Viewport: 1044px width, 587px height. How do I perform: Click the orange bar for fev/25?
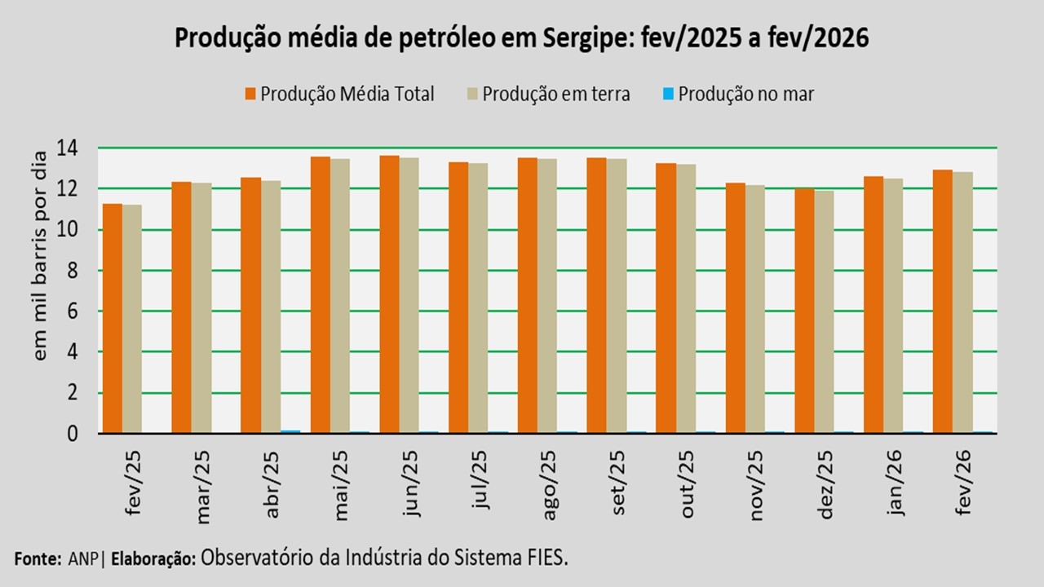112,318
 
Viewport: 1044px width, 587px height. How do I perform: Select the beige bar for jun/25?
409,295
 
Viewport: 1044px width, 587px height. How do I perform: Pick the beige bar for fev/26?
962,302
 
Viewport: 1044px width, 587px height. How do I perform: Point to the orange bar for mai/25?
320,294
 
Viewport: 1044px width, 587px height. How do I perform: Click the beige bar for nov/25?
754,309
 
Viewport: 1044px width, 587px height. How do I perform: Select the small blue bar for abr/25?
290,431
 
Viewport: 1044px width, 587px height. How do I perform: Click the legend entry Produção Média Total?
347,94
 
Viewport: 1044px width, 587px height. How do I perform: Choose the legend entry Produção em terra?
555,94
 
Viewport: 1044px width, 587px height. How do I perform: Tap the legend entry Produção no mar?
745,94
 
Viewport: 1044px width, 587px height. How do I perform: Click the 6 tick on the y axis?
73,311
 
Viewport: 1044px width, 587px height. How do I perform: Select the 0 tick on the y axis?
73,434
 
